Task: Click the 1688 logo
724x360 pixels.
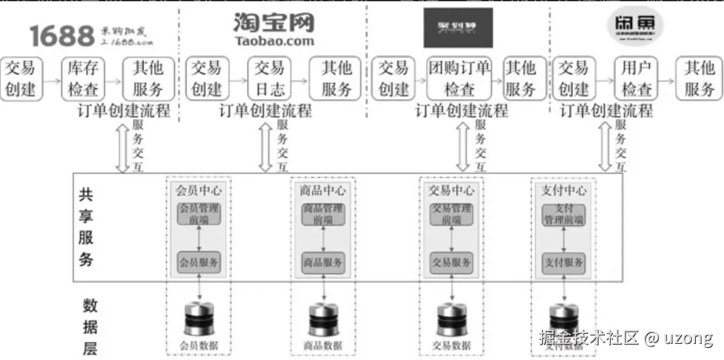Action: point(61,36)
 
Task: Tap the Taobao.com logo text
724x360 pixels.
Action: point(274,41)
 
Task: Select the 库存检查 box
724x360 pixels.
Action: point(84,78)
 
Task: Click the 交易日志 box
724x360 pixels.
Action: point(270,78)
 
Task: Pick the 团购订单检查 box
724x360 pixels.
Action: point(459,78)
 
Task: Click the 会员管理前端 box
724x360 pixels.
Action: point(198,214)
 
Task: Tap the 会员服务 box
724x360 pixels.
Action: point(198,262)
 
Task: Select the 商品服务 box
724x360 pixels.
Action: point(323,262)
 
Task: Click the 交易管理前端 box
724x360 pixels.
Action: point(450,214)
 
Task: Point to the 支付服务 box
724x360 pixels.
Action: point(563,262)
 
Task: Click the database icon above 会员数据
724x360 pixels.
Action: point(198,319)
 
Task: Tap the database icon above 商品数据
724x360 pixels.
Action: point(324,319)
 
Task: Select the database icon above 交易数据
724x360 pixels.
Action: point(451,319)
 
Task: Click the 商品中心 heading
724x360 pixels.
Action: point(323,190)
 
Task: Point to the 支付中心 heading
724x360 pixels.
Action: point(563,190)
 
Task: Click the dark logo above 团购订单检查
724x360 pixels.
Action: point(458,27)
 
